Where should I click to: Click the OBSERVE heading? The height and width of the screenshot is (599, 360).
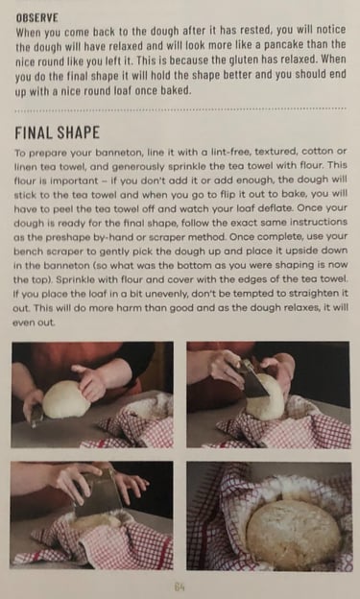pos(37,17)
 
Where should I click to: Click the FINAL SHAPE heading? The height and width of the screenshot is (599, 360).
pos(58,132)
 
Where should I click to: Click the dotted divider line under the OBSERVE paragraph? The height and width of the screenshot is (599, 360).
pos(180,110)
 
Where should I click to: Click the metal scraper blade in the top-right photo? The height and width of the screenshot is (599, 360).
pos(254,379)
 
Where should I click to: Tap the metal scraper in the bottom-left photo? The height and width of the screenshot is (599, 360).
pos(98,492)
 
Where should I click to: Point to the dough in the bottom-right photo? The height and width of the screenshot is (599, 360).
pos(293,534)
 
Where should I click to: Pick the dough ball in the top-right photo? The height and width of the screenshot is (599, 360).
pos(266,400)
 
